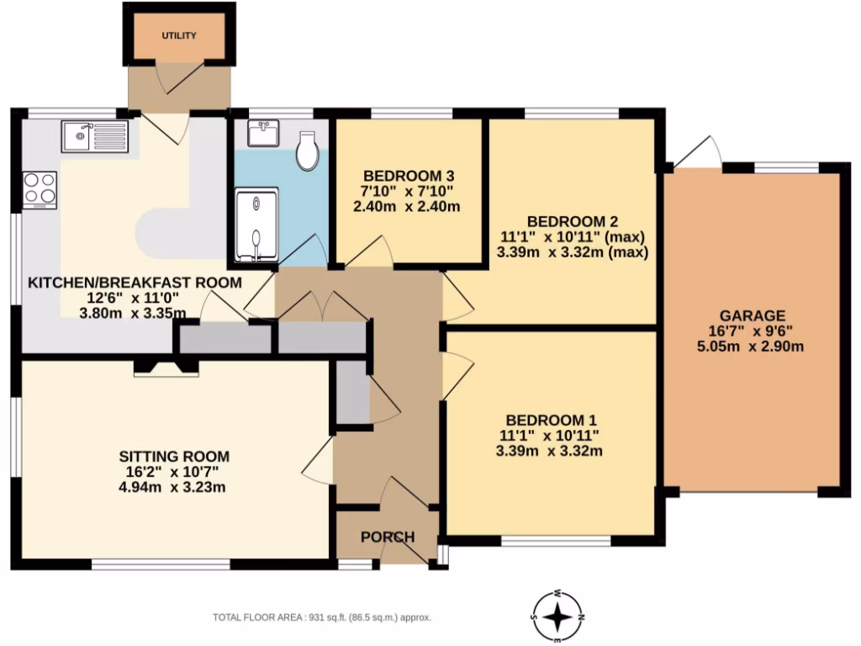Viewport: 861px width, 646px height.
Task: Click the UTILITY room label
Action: click(x=178, y=35)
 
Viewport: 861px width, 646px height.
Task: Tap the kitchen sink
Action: click(x=94, y=136)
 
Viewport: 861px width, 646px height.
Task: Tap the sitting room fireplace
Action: click(x=166, y=367)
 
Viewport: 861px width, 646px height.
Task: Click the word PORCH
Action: click(x=388, y=537)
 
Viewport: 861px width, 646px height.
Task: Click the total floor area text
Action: click(x=321, y=617)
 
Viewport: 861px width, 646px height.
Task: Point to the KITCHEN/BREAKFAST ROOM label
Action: click(x=135, y=283)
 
